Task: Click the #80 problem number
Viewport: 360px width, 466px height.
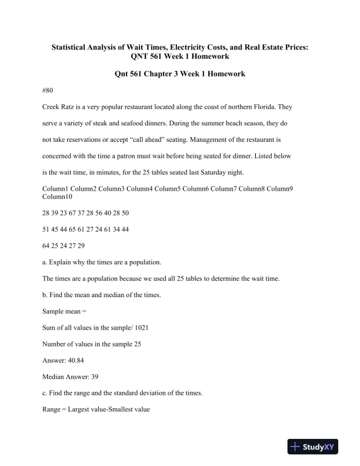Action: tap(49, 91)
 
